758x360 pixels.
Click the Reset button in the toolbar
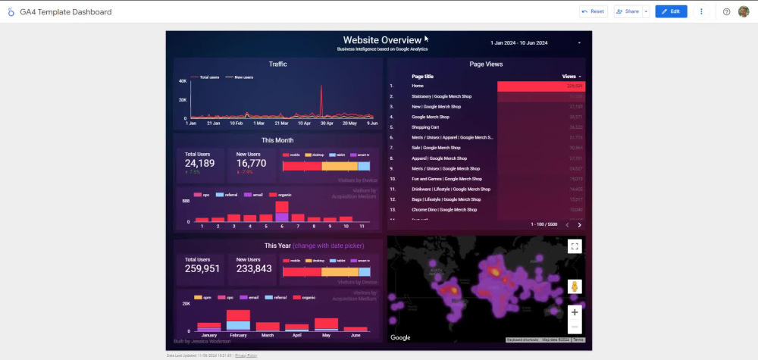[x=593, y=11]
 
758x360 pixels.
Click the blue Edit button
[x=671, y=11]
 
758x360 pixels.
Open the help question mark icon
[x=726, y=11]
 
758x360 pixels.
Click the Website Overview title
[x=382, y=40]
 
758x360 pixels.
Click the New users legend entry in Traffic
[x=243, y=77]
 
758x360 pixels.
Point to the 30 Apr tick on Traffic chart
[x=327, y=123]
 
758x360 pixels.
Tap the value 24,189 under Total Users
[x=200, y=163]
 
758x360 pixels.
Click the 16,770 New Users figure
[x=251, y=163]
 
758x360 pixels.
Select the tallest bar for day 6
[x=282, y=211]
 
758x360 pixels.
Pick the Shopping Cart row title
[x=426, y=127]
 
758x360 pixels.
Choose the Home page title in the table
[x=418, y=86]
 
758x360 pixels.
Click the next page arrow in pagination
[x=580, y=225]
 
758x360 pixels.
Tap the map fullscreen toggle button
[x=575, y=246]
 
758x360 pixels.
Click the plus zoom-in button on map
[x=575, y=312]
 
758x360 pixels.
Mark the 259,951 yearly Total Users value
[x=202, y=269]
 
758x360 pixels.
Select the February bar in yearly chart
[x=238, y=320]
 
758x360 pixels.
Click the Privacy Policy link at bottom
[x=246, y=355]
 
